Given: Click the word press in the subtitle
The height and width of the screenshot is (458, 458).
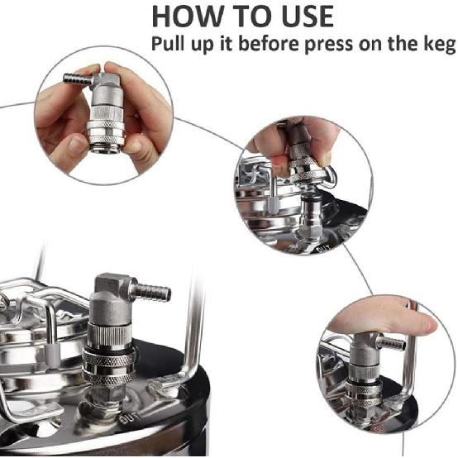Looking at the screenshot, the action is (328, 45).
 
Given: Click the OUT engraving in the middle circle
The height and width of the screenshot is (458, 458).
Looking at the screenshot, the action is (323, 249).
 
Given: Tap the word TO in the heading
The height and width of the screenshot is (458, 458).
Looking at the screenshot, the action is (252, 16).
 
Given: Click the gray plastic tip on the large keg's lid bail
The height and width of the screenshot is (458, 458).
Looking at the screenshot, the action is (53, 355).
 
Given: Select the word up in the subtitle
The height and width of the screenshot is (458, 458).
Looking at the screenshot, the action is (203, 45).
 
